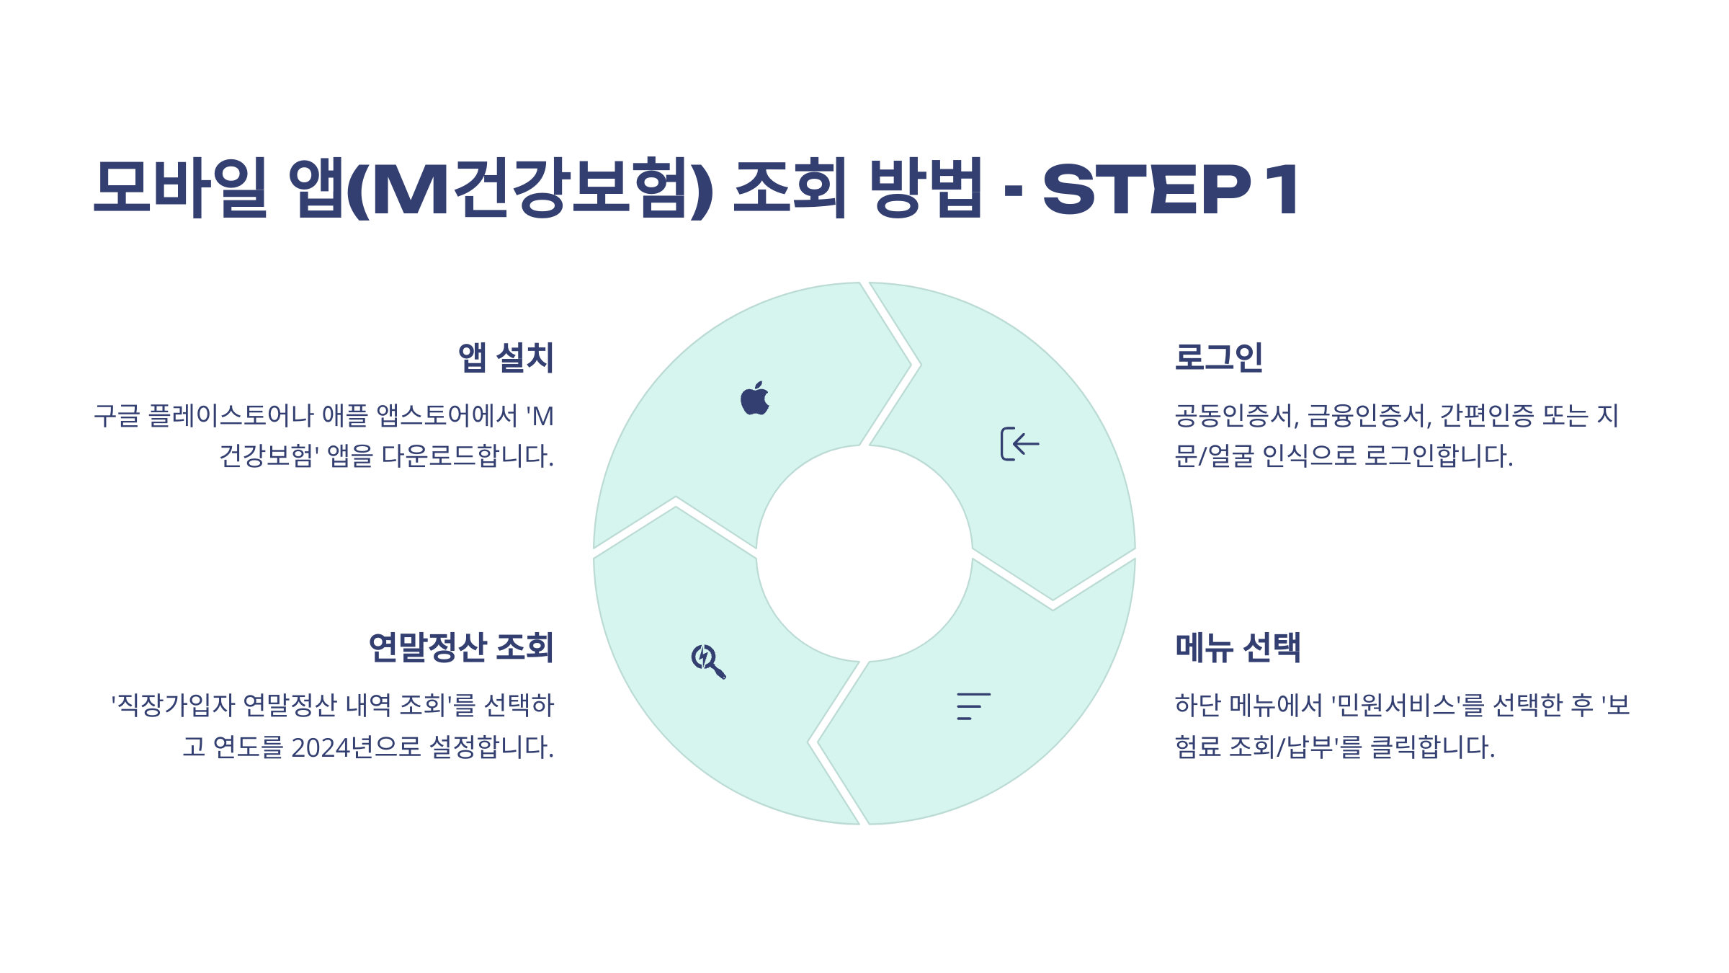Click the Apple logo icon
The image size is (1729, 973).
pos(755,399)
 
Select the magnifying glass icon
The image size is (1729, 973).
pos(707,661)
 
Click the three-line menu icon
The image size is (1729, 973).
pos(973,706)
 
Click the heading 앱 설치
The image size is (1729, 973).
pos(506,357)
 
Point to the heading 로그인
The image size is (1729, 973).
pos(1219,357)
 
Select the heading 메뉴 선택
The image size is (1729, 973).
pos(1238,647)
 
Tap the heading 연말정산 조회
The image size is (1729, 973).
pos(461,647)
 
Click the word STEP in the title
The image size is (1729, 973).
pos(1146,189)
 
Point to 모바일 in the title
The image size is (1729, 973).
pos(180,187)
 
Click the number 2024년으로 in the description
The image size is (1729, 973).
pos(356,747)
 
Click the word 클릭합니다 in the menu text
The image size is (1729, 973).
pos(1431,747)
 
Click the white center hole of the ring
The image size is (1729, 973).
pos(864,554)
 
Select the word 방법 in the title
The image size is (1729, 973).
pos(926,187)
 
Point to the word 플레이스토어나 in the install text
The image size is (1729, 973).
pos(231,416)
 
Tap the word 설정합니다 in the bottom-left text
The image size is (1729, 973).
pos(491,747)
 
